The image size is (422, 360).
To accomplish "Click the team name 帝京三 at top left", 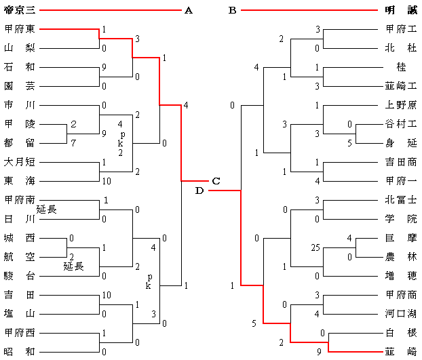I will [x=20, y=10].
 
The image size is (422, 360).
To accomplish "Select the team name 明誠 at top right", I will [x=400, y=10].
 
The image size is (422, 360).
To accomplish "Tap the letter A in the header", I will [x=188, y=10].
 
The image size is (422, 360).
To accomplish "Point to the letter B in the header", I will [x=232, y=10].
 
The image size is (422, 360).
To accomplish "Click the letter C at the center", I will [x=216, y=181].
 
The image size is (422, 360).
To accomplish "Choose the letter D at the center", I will [x=199, y=191].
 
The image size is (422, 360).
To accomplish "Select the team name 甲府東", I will [x=20, y=29].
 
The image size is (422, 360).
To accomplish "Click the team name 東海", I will [x=20, y=181].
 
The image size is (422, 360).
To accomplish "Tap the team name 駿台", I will [x=20, y=276].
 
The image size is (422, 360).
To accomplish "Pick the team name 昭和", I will [x=20, y=352].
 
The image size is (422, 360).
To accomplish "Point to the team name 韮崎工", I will [x=400, y=86].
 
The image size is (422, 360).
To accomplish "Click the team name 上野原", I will [x=400, y=105].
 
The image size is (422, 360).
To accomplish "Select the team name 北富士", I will [x=400, y=200].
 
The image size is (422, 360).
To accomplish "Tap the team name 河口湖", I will [x=400, y=314].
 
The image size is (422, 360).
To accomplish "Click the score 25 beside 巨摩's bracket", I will [x=314, y=247].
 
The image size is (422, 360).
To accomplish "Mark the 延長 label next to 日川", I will [x=46, y=209].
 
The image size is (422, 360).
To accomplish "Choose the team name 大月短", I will [x=20, y=162].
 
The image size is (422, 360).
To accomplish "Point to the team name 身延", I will [x=400, y=143].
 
